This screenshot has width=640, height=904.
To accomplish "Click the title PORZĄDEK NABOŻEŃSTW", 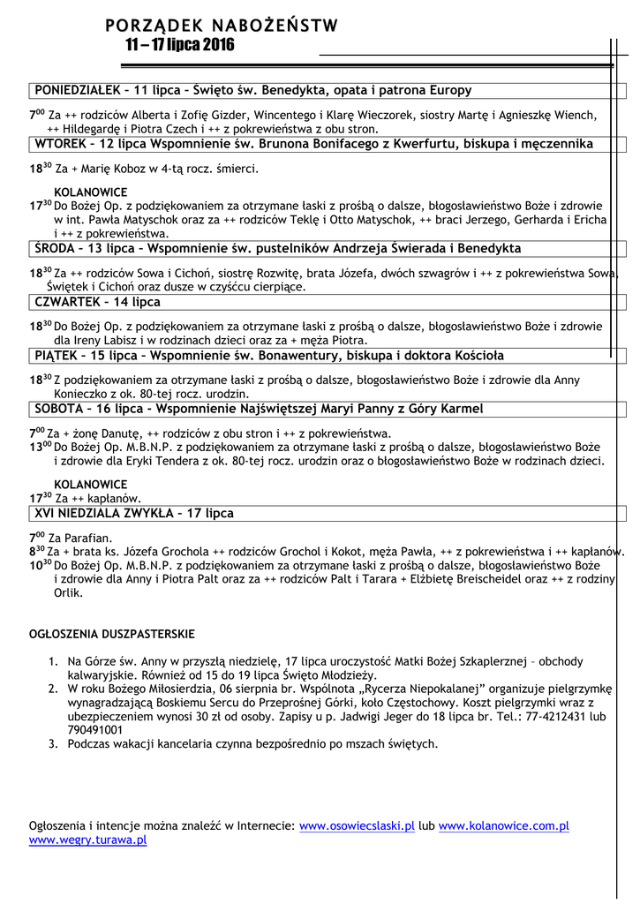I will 221,26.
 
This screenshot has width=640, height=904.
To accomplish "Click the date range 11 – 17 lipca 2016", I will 180,45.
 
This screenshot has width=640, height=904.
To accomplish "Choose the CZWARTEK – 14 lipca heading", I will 97,302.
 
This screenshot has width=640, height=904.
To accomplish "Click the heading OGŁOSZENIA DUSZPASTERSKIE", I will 112,634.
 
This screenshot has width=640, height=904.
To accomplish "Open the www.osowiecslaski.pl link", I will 357,826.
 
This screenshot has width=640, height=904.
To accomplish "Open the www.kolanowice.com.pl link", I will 503,826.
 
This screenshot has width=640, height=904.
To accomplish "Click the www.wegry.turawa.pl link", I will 87,840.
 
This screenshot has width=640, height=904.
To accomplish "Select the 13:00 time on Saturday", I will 41,447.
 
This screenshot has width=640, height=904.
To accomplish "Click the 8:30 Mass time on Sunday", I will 38,552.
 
